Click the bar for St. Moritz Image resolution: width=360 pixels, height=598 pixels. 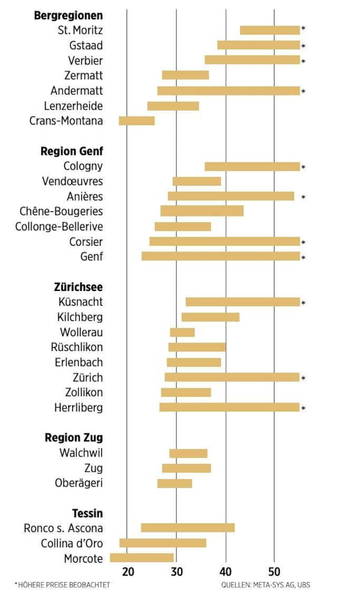point(270,30)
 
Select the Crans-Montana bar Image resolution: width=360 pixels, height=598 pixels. point(137,121)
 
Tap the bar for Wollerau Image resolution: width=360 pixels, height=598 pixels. point(182,333)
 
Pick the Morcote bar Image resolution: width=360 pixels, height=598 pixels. point(141,558)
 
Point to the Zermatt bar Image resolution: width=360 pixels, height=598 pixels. point(185,75)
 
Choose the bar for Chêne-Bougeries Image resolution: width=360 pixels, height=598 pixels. point(202,211)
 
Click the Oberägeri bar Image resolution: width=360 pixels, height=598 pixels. point(174,484)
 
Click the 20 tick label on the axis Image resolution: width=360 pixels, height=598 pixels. point(128,571)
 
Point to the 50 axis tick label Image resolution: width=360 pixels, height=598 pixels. point(275,571)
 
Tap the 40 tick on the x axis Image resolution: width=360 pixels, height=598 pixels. point(226,571)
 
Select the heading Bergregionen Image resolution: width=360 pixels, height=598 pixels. point(68,15)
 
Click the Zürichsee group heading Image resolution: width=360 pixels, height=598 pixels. point(78,287)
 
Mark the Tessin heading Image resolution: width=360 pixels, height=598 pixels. point(87,513)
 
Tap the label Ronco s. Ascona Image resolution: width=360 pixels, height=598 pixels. point(63,529)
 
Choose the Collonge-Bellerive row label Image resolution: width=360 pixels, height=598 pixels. point(59,227)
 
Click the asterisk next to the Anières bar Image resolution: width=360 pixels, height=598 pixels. point(303,197)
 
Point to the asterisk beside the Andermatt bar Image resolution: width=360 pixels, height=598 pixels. point(303,91)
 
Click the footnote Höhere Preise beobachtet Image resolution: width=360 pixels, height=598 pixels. point(62,585)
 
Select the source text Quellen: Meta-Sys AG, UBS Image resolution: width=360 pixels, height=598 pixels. point(265,585)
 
